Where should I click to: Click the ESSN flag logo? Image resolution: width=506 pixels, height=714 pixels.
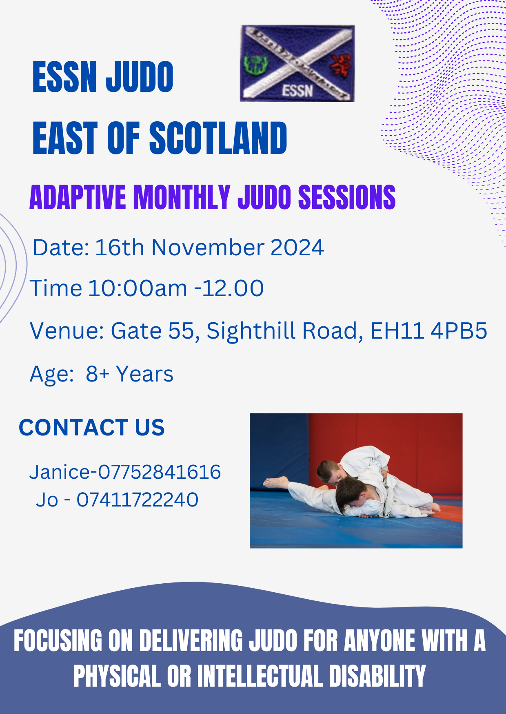pyautogui.click(x=297, y=63)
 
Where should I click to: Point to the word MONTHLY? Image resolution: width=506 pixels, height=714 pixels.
pyautogui.click(x=182, y=197)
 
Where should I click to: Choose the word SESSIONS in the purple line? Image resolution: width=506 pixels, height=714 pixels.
pyautogui.click(x=347, y=197)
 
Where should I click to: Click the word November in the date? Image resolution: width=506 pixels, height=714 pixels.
pyautogui.click(x=208, y=248)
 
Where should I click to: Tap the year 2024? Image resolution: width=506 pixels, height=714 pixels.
pyautogui.click(x=297, y=248)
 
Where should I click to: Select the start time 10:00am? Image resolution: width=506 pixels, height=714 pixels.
pyautogui.click(x=138, y=288)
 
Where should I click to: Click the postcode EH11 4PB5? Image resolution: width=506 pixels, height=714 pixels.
pyautogui.click(x=428, y=330)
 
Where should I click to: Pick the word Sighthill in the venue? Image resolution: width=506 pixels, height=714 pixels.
pyautogui.click(x=251, y=331)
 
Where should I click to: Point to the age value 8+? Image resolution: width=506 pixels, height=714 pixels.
pyautogui.click(x=98, y=374)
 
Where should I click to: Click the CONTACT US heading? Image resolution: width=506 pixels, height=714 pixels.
pyautogui.click(x=92, y=428)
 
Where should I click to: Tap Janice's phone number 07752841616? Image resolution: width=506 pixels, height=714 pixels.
pyautogui.click(x=160, y=472)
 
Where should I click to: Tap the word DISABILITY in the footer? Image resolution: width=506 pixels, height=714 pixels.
pyautogui.click(x=377, y=676)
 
